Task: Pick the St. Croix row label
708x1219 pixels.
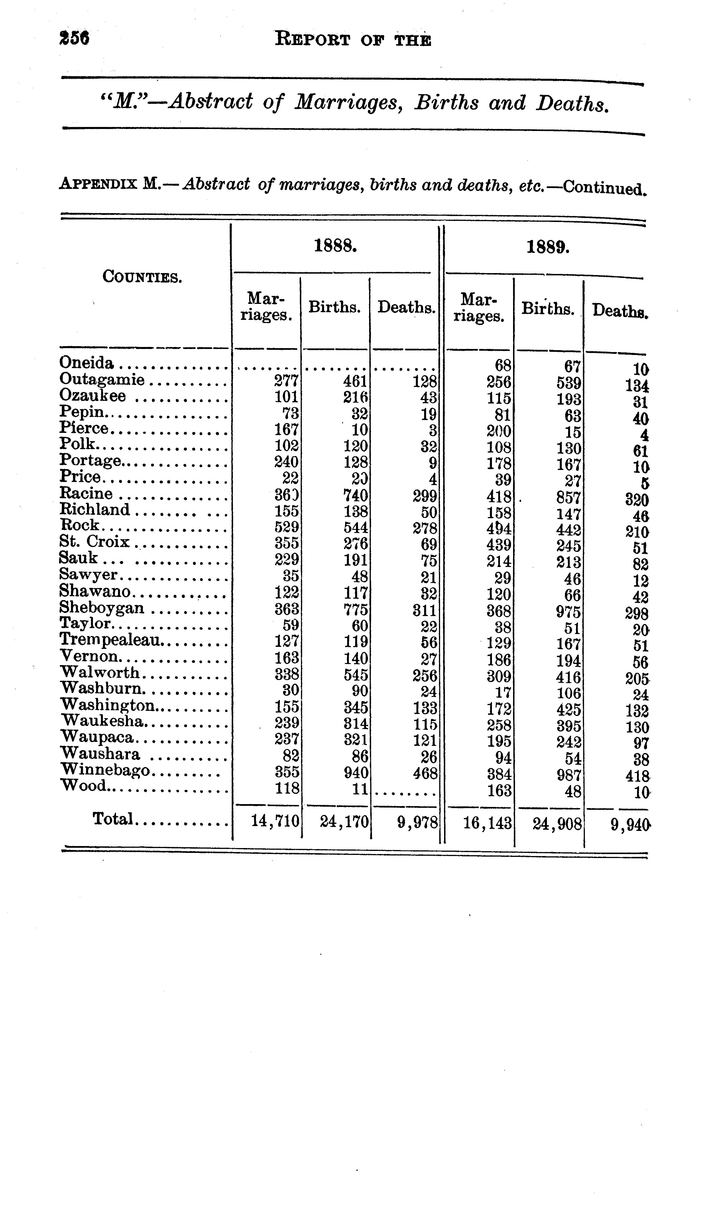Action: click(x=94, y=542)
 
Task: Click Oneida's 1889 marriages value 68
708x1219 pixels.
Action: click(x=502, y=366)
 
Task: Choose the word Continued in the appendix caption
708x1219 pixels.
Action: click(x=604, y=187)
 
